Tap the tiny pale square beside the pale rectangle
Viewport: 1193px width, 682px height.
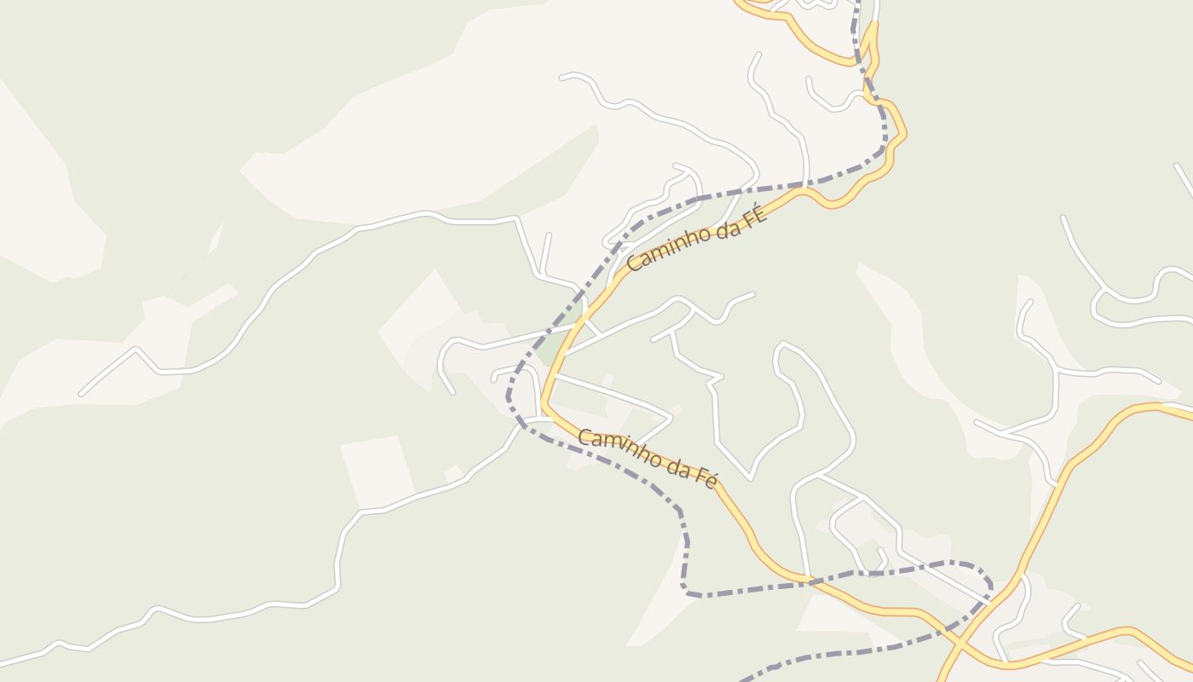click(453, 473)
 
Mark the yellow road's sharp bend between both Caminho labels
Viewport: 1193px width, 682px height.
click(545, 401)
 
